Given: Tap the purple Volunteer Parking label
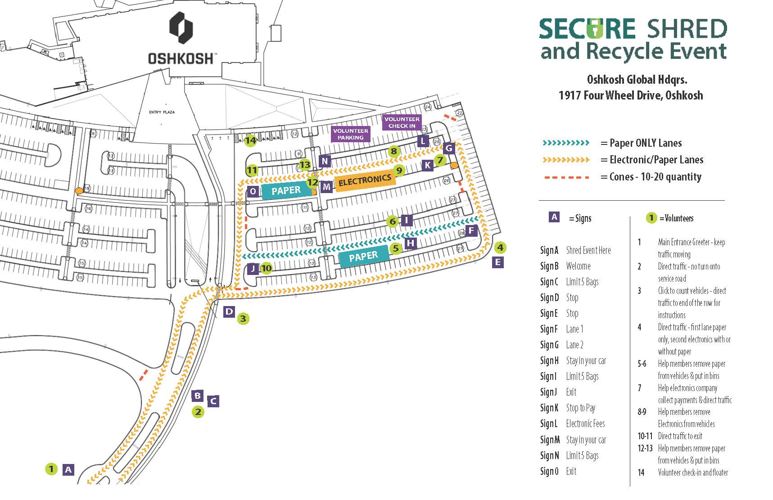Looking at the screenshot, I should (350, 134).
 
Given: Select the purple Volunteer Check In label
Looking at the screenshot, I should (402, 122).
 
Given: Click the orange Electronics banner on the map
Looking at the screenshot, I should (365, 180).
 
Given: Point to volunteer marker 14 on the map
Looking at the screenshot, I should (251, 140).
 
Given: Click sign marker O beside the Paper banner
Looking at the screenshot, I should (253, 192).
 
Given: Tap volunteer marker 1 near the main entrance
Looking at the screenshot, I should (51, 469).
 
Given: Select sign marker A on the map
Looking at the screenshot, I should (68, 470).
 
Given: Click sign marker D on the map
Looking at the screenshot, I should (229, 311).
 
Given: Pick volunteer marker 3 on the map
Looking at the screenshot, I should (243, 319).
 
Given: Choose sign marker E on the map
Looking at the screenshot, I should (497, 262).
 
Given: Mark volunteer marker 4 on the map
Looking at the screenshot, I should (500, 247).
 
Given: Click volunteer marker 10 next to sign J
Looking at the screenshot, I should (267, 269).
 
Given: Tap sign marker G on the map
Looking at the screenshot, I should (448, 148).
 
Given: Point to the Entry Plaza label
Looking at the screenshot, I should (162, 112).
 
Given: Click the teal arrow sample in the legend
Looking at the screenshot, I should (566, 143).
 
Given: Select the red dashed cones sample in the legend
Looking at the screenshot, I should (566, 177).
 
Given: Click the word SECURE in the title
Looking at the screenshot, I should (587, 29).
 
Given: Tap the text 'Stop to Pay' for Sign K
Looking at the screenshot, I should (580, 408).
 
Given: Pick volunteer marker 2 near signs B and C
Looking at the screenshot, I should (198, 412).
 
